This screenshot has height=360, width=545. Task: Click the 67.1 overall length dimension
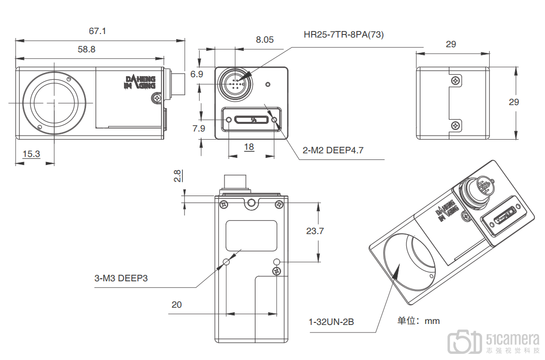point(98,31)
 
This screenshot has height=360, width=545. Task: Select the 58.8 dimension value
point(86,49)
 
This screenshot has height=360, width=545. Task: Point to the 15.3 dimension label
point(31,153)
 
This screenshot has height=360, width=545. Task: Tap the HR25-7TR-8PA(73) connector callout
point(344,35)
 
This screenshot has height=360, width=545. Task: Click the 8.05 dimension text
point(265,39)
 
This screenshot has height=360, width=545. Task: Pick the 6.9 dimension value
point(197,74)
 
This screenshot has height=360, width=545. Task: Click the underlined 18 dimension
point(249,147)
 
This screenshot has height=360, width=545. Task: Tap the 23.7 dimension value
point(315,231)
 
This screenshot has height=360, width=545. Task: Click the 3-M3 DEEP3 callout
point(121,278)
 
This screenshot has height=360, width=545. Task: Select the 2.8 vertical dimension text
point(178,176)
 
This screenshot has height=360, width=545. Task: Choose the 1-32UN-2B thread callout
point(331,322)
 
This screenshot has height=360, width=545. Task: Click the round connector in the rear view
point(235,83)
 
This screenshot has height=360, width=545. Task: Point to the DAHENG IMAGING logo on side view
point(140,82)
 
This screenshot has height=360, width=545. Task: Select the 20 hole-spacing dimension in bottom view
point(176,305)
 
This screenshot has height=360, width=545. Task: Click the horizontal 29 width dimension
point(451,45)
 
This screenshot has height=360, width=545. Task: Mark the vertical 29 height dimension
point(514,102)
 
